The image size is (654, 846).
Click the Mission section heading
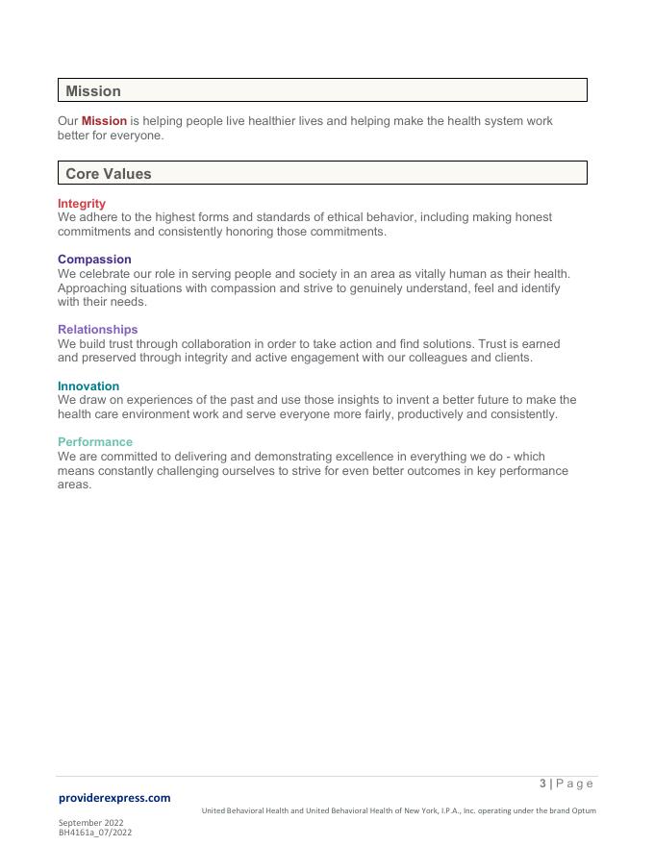(93, 91)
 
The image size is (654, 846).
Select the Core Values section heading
(109, 174)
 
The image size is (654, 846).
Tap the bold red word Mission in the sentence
(104, 121)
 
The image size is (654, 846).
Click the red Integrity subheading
(82, 204)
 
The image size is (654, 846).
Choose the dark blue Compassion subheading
(94, 260)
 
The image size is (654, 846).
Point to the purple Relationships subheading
(97, 330)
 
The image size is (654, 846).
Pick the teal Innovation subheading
(88, 386)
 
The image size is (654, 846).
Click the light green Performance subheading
(95, 442)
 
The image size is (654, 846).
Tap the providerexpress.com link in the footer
(114, 798)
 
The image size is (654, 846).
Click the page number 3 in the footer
(543, 784)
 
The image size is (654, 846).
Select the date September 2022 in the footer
(90, 823)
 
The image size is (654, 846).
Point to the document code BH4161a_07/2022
(95, 833)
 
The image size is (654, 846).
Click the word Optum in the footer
(584, 810)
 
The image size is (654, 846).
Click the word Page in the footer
(575, 784)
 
